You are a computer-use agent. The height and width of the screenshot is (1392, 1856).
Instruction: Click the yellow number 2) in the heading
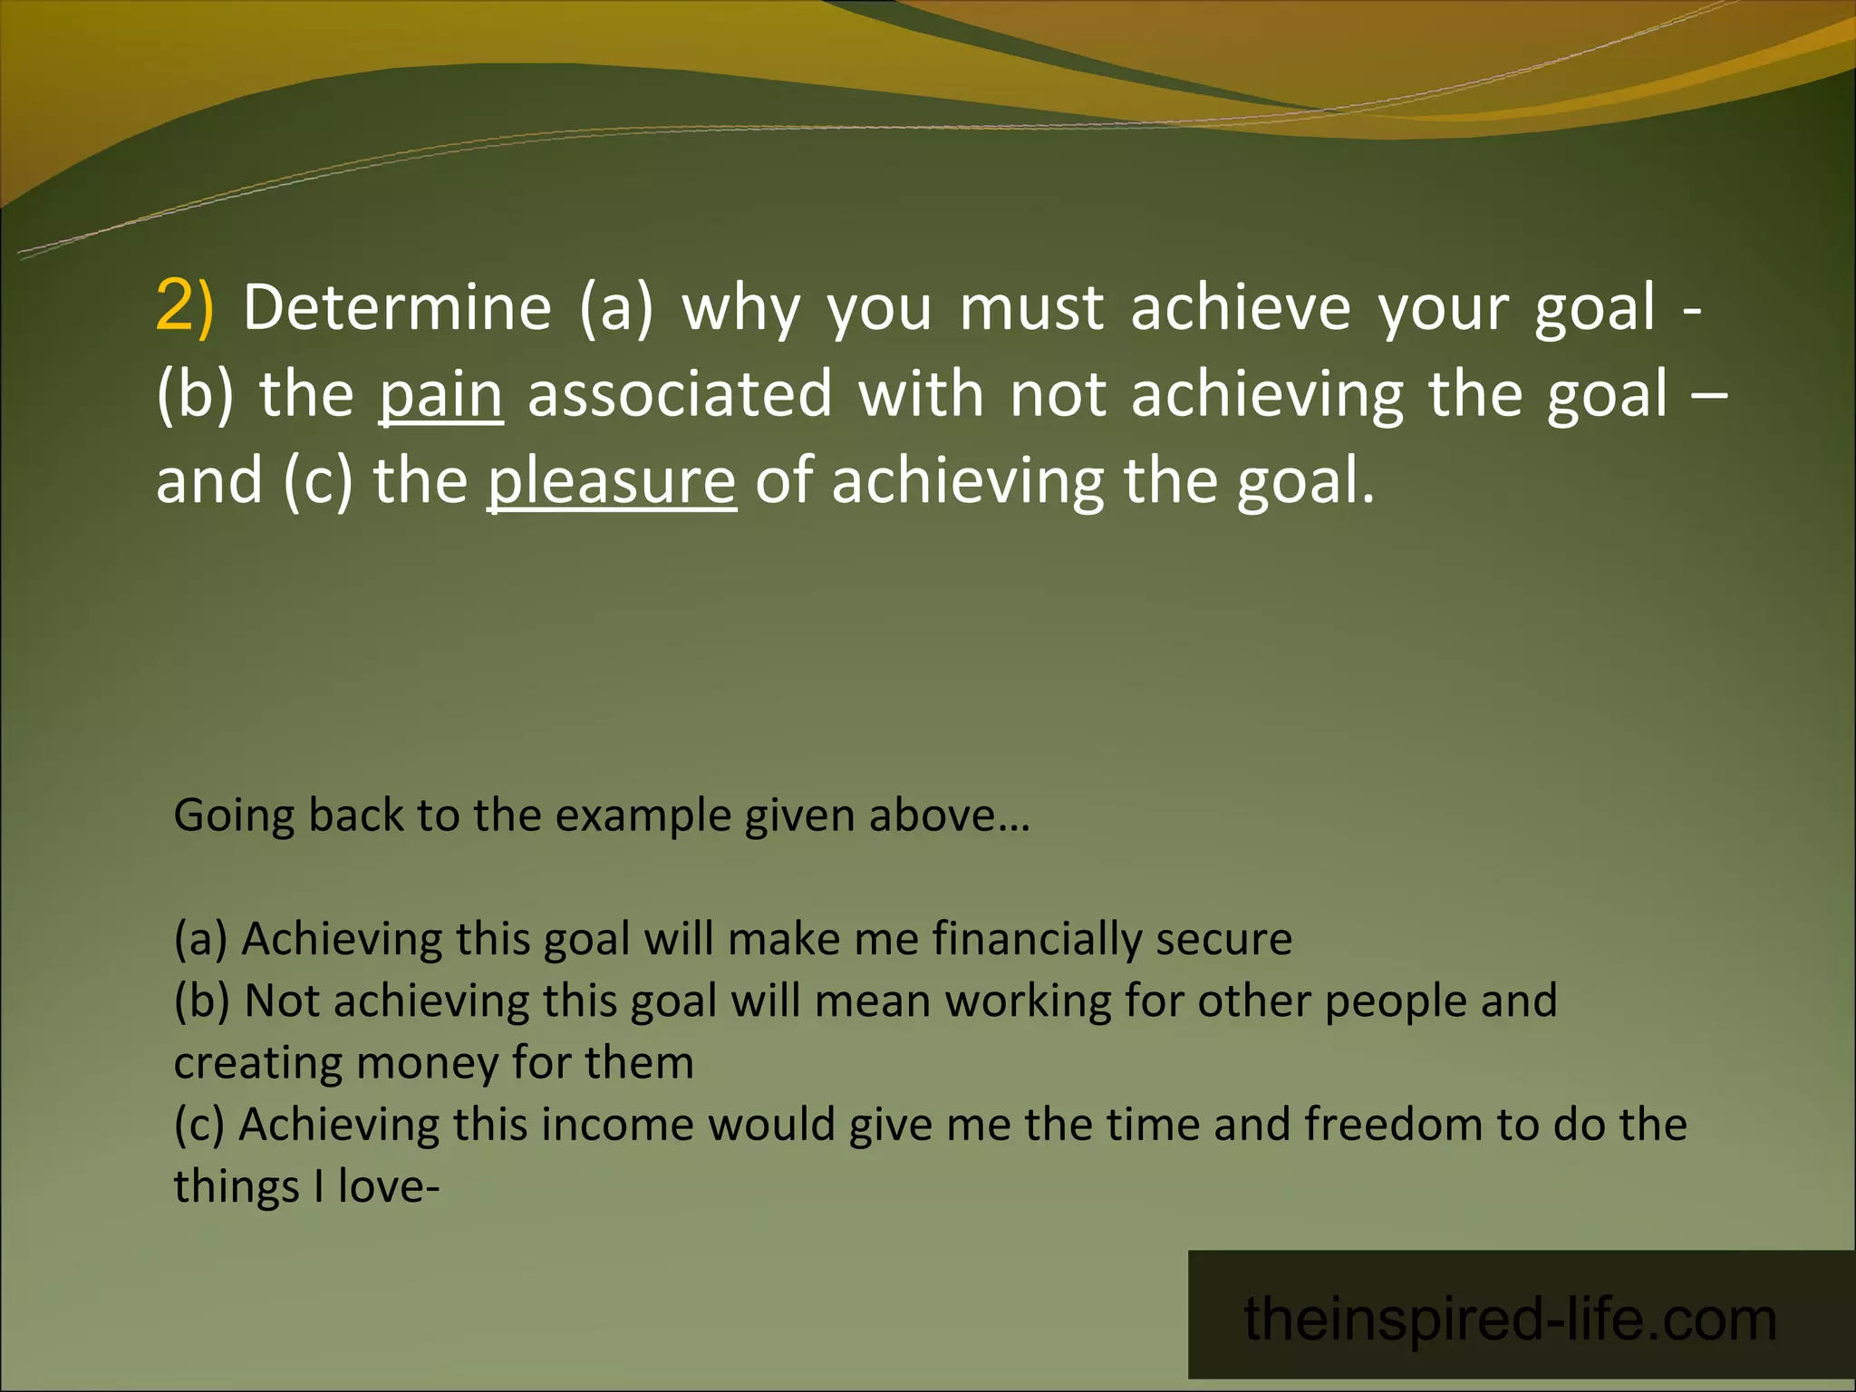pos(184,305)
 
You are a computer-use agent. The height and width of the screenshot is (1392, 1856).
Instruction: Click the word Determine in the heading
pos(397,307)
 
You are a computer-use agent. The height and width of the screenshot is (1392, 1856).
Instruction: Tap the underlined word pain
pos(440,394)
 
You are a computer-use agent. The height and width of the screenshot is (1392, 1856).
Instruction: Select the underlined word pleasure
pos(612,481)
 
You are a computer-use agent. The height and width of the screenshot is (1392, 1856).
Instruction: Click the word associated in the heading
pos(680,394)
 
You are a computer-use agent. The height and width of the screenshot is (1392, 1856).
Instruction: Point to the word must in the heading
pos(1031,307)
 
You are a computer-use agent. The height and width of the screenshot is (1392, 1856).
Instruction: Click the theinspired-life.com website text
pos(1510,1319)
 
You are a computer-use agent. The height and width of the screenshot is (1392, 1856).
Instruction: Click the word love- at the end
pos(388,1186)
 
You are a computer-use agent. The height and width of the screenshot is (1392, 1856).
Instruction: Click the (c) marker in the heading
pos(317,481)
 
